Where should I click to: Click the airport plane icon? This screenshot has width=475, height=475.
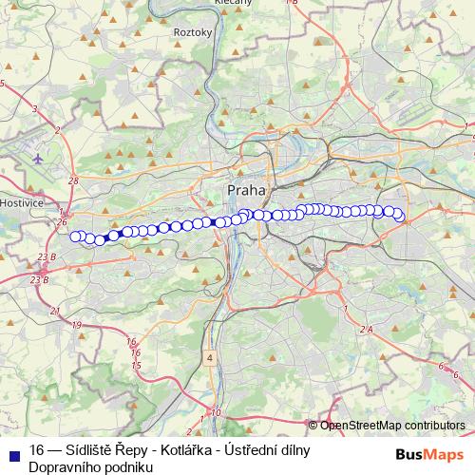[37, 158]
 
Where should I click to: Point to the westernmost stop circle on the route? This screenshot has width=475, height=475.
[76, 237]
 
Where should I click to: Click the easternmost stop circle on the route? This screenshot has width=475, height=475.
[400, 217]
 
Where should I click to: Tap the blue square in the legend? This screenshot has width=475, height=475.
[13, 451]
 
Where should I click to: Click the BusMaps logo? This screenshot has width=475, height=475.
[429, 454]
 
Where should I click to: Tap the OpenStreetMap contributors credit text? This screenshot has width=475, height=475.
[392, 425]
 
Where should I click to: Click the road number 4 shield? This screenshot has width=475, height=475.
[208, 358]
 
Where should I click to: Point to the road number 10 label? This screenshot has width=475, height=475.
[216, 412]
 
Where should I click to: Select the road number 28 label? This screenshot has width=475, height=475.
[73, 180]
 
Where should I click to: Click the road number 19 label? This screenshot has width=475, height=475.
[75, 326]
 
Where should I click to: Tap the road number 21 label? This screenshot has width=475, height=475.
[54, 312]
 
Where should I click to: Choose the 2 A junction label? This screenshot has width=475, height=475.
[368, 329]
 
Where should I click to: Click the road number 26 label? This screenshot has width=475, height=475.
[63, 222]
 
